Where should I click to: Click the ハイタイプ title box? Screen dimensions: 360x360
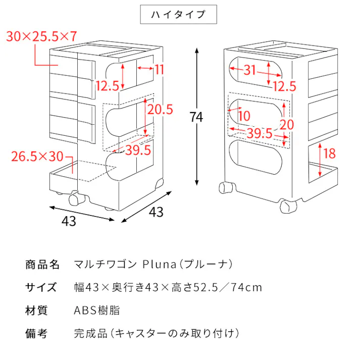pyautogui.click(x=178, y=15)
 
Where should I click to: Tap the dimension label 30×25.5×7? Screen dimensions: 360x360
pyautogui.click(x=42, y=36)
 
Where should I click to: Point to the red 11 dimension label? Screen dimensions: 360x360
pyautogui.click(x=160, y=69)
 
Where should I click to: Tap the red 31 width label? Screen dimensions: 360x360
pyautogui.click(x=250, y=70)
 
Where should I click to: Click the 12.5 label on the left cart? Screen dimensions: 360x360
pyautogui.click(x=107, y=86)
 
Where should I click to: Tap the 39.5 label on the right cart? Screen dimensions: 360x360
pyautogui.click(x=260, y=134)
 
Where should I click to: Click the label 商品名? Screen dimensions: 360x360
pyautogui.click(x=42, y=264)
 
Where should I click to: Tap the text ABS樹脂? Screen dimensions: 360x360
pyautogui.click(x=97, y=310)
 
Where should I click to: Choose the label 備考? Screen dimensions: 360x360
pyautogui.click(x=36, y=333)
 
